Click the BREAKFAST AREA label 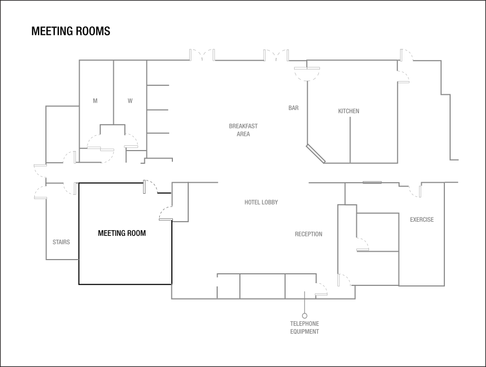[243, 130]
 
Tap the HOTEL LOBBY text [261, 203]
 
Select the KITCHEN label [348, 111]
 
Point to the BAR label [294, 108]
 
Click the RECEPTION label [308, 234]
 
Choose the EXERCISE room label [422, 220]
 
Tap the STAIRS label [61, 243]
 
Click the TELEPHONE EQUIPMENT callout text [305, 328]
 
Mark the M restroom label [95, 101]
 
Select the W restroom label [130, 101]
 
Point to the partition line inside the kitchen [350, 140]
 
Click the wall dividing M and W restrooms [114, 92]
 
